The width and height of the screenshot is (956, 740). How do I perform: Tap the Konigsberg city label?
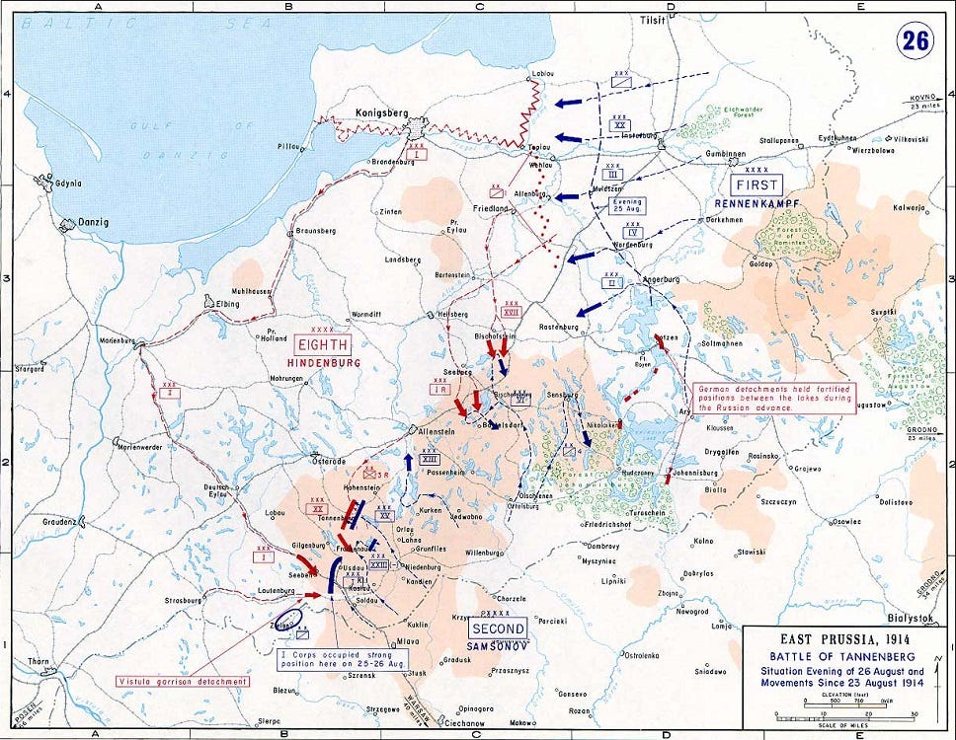379,113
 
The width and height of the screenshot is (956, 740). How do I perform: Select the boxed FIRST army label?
756,185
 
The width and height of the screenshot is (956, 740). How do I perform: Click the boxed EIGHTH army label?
323,344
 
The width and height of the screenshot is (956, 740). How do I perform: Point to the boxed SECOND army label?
498,629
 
